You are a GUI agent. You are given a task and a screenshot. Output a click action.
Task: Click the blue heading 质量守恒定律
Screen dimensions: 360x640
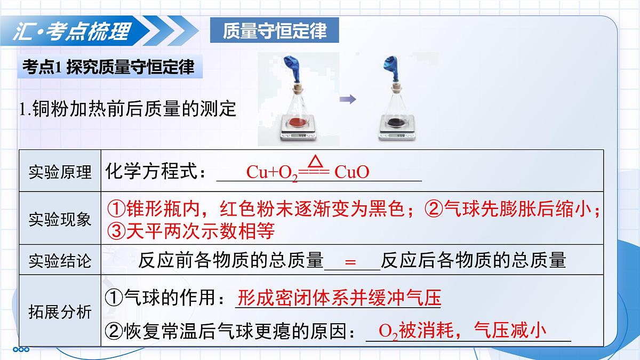click(275, 31)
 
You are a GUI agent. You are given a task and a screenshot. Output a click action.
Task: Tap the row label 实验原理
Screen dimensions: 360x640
click(60, 172)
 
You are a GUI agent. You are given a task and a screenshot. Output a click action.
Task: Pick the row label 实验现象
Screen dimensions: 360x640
click(60, 219)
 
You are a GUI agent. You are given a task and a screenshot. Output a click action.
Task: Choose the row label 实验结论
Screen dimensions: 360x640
click(60, 261)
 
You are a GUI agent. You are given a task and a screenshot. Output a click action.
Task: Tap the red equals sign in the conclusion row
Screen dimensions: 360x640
click(350, 262)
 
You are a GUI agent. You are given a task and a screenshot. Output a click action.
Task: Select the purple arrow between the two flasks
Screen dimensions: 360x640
click(348, 99)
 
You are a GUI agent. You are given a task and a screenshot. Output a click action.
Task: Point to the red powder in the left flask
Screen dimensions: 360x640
click(295, 124)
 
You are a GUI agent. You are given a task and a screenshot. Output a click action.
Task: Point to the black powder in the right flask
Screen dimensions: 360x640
click(395, 124)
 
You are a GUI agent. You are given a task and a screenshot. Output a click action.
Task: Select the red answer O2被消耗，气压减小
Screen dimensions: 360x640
click(462, 331)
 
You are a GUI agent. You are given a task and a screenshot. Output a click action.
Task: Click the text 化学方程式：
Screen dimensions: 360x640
click(155, 172)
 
